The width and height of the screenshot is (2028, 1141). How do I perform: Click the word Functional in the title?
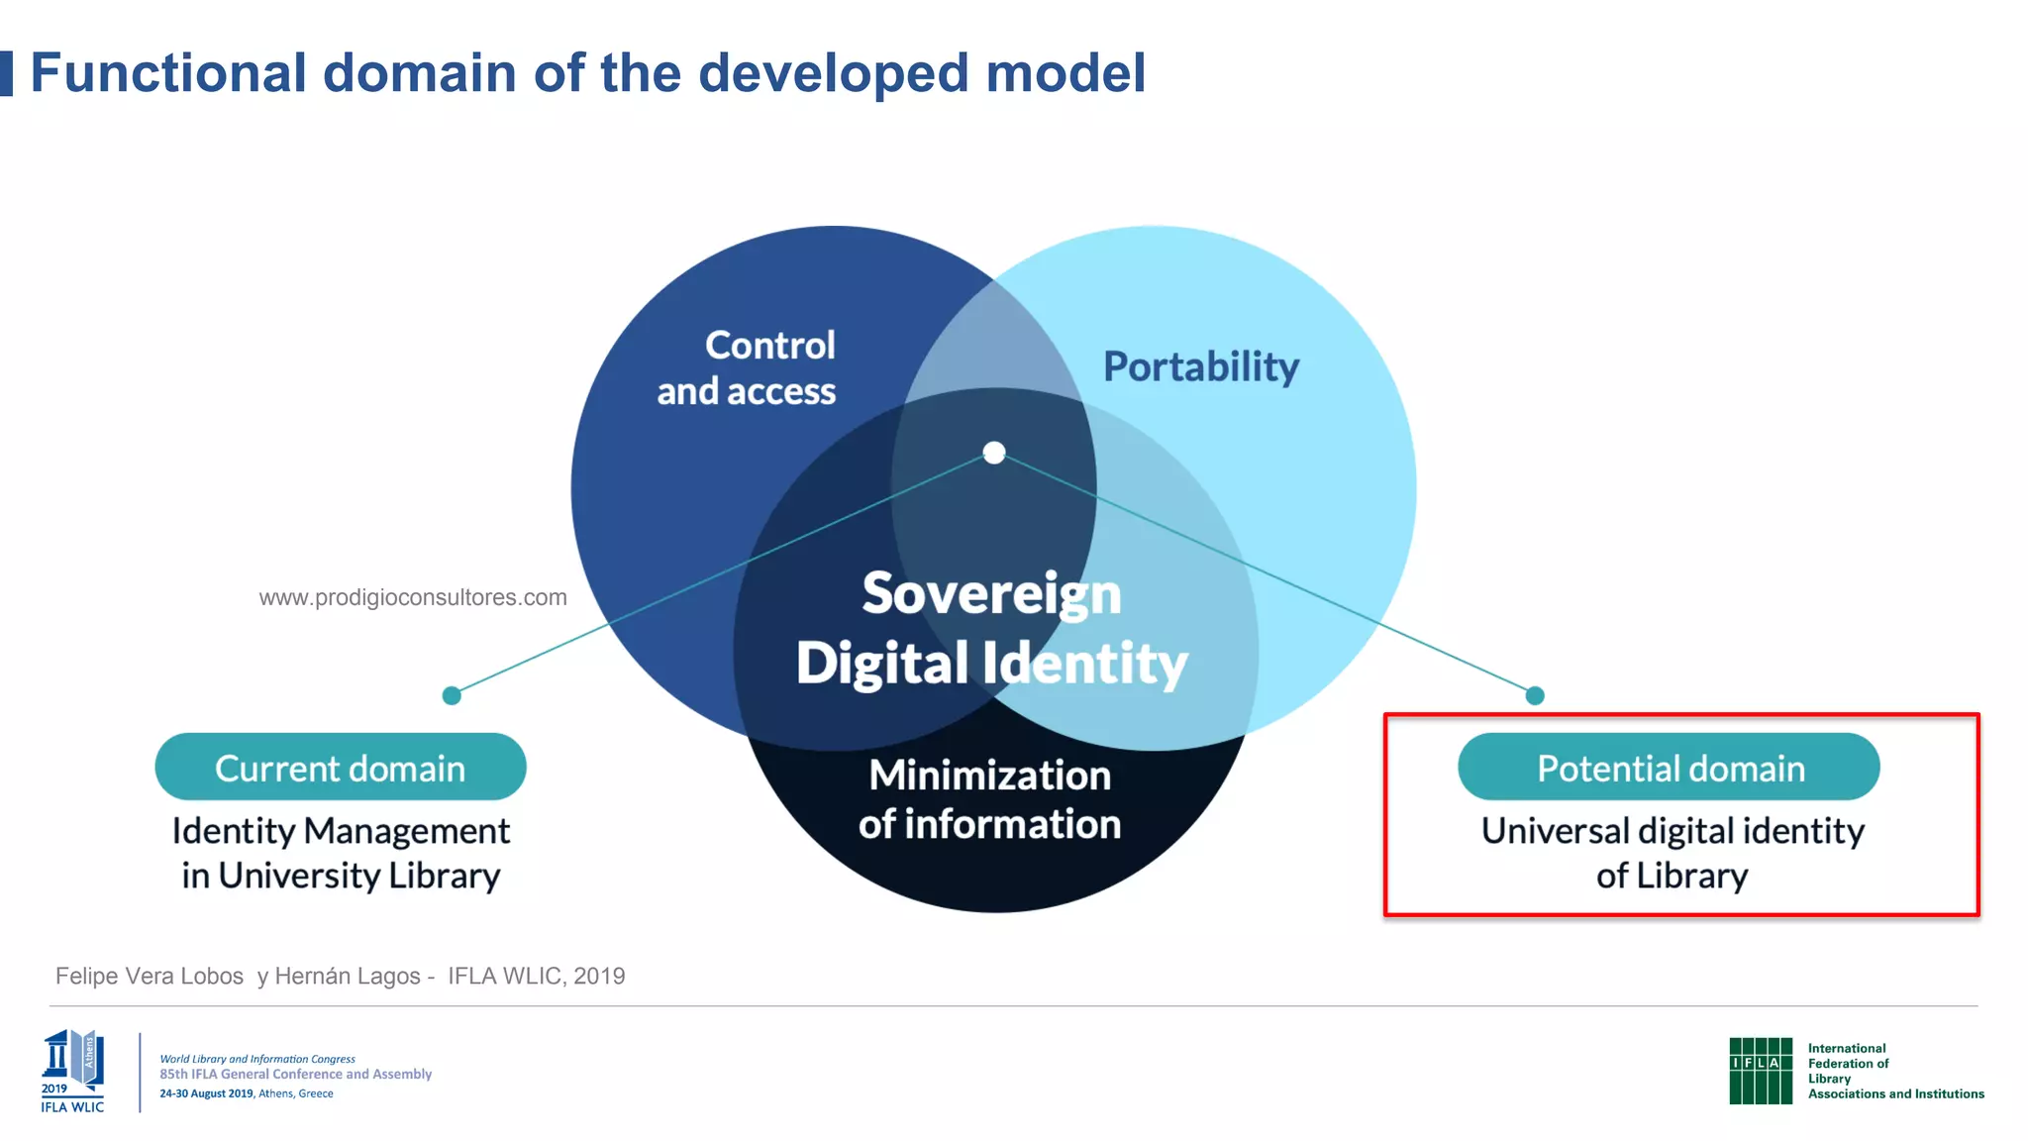[168, 74]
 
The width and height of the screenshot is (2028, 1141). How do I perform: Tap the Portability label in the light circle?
[1200, 367]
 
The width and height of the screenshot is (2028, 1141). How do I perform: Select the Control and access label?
[748, 368]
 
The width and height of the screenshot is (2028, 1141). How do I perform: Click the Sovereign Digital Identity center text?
[991, 628]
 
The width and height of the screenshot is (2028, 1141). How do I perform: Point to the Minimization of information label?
[989, 799]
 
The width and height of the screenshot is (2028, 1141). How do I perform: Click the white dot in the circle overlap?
[994, 453]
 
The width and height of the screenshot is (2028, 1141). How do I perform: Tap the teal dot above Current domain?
[452, 695]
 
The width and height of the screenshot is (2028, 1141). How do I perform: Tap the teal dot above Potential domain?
[1535, 695]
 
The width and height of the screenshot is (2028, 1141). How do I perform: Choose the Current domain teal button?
[340, 768]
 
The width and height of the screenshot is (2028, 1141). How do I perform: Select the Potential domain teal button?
[1669, 768]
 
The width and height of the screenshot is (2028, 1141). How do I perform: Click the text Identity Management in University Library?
[341, 853]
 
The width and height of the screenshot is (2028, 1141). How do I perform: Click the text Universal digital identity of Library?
[1672, 853]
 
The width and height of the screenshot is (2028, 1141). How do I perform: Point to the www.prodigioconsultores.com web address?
[413, 597]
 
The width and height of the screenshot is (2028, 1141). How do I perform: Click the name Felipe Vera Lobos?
[150, 976]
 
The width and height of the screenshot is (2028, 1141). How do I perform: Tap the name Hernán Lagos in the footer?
[348, 976]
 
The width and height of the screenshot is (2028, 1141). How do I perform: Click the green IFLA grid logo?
[1760, 1071]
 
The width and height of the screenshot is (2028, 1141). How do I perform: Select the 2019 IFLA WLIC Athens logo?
[72, 1071]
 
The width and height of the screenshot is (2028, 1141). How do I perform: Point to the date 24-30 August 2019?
[207, 1093]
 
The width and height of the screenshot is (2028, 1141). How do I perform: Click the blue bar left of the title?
[6, 74]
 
